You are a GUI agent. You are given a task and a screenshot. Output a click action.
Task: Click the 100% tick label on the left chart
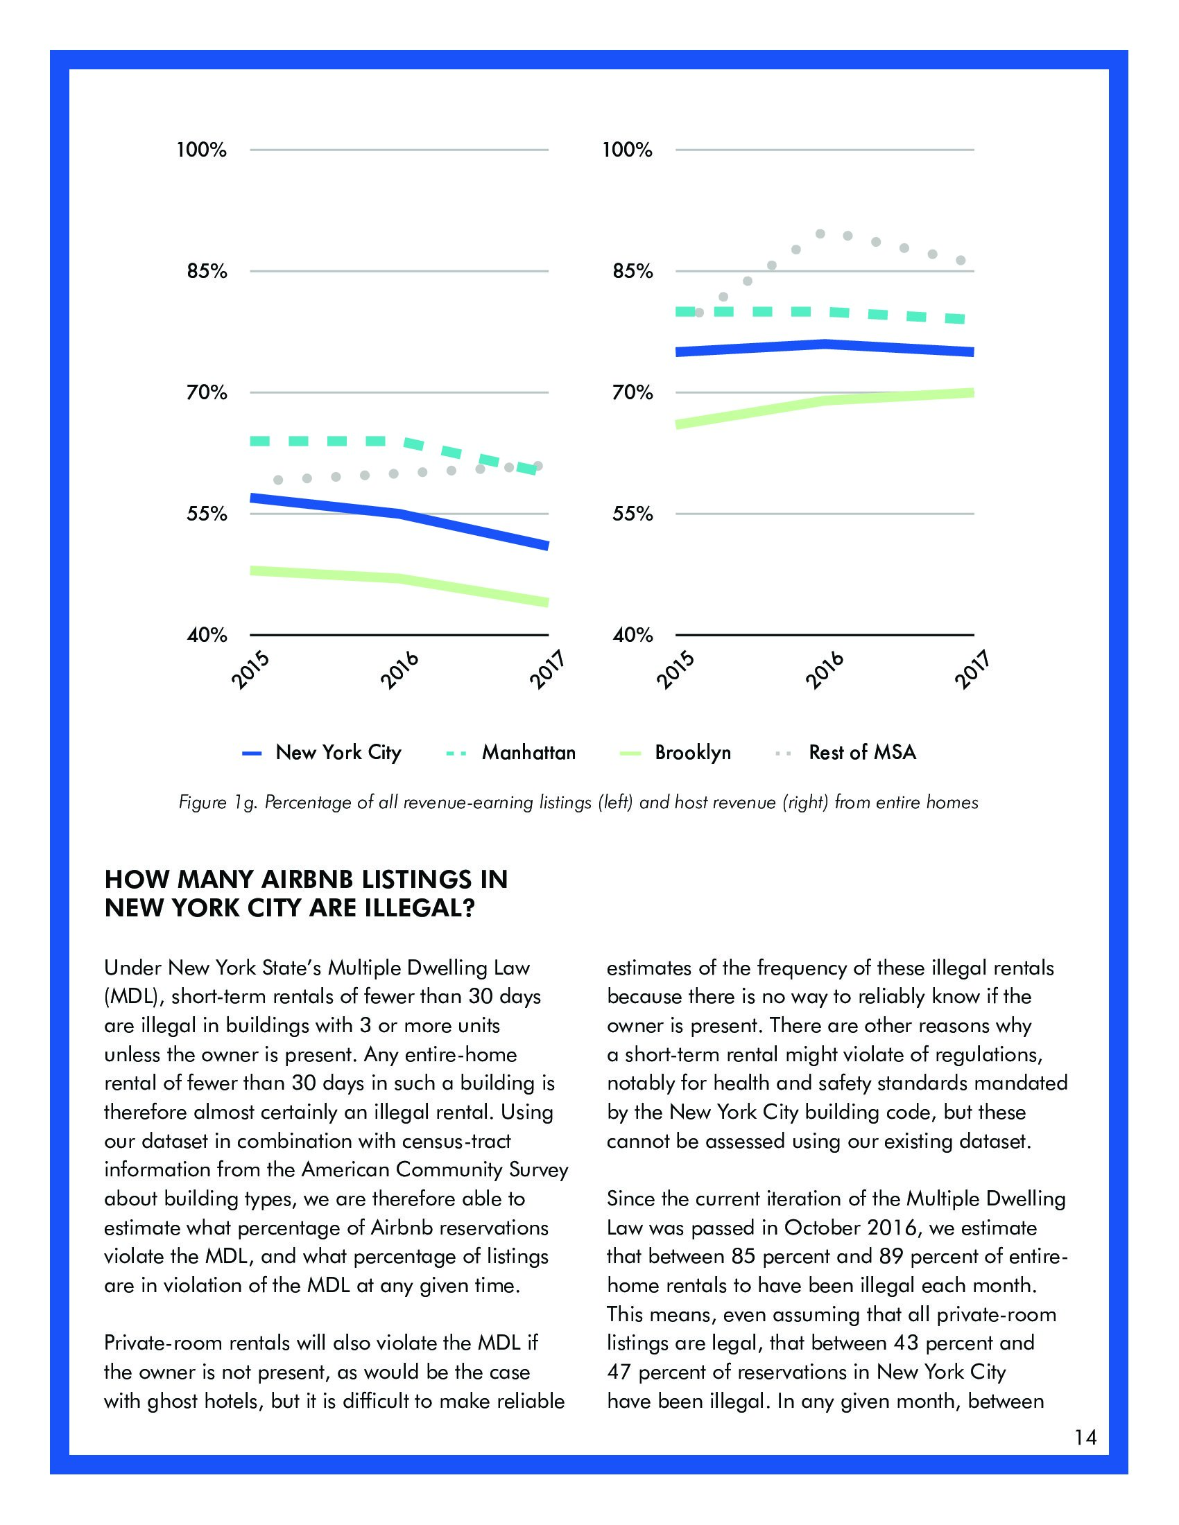click(201, 150)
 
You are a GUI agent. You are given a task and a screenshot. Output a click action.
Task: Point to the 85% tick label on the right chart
click(632, 272)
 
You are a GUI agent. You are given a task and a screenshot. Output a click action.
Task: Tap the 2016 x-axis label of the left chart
click(399, 670)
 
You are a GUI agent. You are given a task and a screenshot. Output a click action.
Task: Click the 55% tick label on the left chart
click(206, 514)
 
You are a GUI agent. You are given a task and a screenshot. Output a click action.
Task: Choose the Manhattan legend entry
click(528, 753)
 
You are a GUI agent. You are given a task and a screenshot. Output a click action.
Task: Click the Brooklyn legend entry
click(692, 753)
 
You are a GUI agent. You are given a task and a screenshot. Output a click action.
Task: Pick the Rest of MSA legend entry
click(862, 753)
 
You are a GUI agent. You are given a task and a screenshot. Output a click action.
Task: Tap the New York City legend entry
click(338, 753)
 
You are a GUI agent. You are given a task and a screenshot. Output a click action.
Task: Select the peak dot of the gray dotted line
click(820, 234)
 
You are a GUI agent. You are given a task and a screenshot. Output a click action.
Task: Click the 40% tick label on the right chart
click(632, 636)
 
